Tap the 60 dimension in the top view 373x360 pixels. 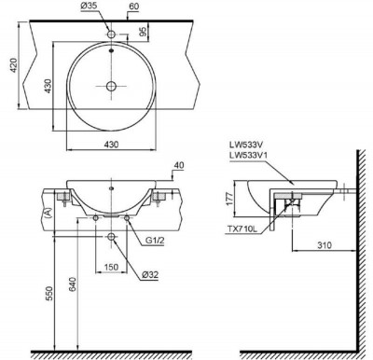click(134, 7)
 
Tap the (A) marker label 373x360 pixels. click(48, 213)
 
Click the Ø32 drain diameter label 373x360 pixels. click(149, 275)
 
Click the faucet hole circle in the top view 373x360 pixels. click(111, 35)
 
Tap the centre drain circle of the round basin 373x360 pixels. click(111, 86)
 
